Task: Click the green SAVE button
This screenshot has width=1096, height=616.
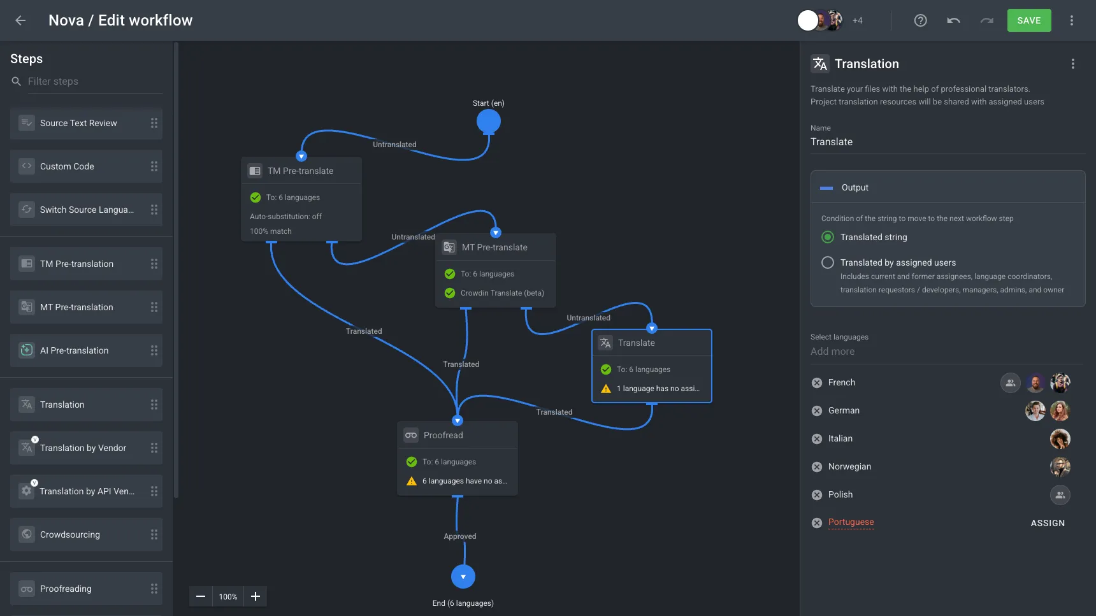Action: tap(1028, 20)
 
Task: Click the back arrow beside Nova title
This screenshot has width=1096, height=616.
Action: tap(20, 20)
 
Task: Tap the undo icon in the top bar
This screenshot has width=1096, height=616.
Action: tap(953, 20)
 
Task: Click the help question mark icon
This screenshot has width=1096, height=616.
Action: tap(920, 20)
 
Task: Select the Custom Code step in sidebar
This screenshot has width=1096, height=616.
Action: tap(86, 166)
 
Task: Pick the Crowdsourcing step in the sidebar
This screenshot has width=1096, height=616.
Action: tap(86, 534)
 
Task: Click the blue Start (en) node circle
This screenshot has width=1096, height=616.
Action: tap(489, 121)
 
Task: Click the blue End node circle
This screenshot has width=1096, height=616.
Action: tap(463, 577)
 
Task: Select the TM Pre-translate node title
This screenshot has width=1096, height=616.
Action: tap(301, 171)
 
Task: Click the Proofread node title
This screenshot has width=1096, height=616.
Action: tap(443, 435)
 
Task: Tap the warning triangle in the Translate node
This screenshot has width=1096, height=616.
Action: tap(606, 389)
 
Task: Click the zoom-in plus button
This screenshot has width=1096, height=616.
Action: tap(256, 596)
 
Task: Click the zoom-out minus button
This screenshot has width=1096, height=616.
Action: tap(201, 596)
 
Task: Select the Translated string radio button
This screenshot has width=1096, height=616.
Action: tap(828, 237)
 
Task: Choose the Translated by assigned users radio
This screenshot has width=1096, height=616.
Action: tap(828, 262)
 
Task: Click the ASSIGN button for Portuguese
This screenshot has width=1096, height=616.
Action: tap(1048, 523)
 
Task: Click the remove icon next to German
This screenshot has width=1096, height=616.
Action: tap(817, 411)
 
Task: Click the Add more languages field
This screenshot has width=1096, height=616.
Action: tap(833, 352)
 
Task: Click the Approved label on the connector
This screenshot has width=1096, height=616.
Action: tap(460, 536)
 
